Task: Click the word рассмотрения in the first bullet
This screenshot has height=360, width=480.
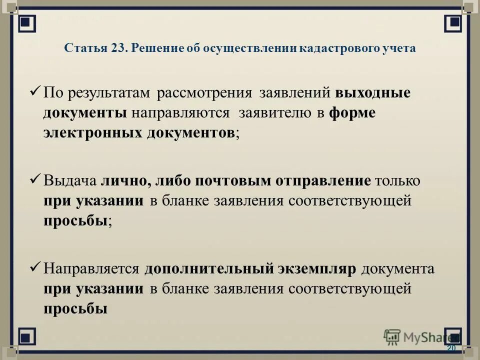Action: pos(212,93)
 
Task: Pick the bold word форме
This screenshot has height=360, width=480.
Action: pos(352,113)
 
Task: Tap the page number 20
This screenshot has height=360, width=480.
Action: pos(451,348)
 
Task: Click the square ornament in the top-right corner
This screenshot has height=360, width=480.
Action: pos(452,21)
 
